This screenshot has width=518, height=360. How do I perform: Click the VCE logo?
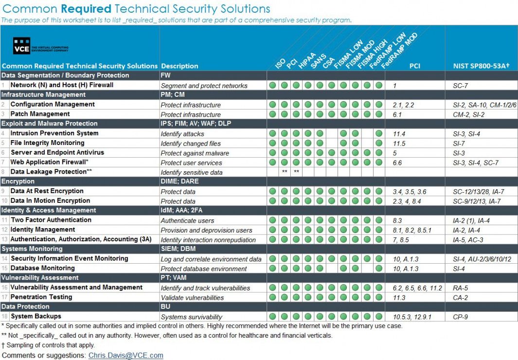pyautogui.click(x=22, y=46)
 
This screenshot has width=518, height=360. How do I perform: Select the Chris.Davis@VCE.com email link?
pyautogui.click(x=125, y=356)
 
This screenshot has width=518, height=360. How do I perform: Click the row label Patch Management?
pyautogui.click(x=34, y=114)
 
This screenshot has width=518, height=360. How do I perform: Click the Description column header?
pyautogui.click(x=179, y=66)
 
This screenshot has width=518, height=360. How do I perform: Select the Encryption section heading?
pyautogui.click(x=18, y=181)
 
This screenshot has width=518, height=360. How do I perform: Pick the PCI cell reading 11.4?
pyautogui.click(x=399, y=134)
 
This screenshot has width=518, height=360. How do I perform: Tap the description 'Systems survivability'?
pyautogui.click(x=191, y=317)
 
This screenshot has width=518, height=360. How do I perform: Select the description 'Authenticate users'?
pyautogui.click(x=187, y=220)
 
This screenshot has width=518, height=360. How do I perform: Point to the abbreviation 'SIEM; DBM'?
pyautogui.click(x=177, y=249)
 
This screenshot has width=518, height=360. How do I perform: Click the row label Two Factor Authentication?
pyautogui.click(x=51, y=220)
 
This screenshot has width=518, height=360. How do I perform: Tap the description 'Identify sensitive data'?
pyautogui.click(x=191, y=172)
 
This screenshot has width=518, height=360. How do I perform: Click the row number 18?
pyautogui.click(x=5, y=317)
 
